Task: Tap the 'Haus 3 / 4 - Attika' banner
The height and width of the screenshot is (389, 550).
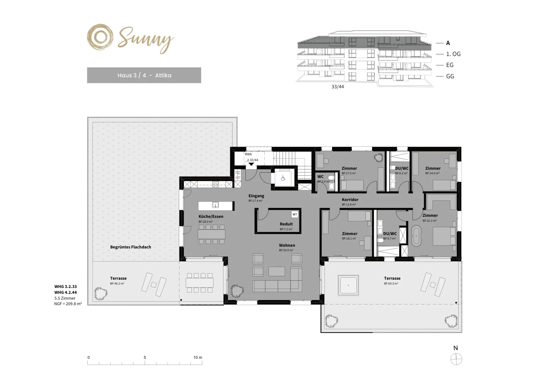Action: [x=144, y=75]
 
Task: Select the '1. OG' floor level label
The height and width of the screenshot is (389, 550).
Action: [x=453, y=54]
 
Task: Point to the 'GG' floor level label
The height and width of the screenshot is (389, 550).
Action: [x=450, y=76]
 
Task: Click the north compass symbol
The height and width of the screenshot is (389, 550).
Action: [x=456, y=359]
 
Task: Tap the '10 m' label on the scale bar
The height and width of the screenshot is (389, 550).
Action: [x=198, y=357]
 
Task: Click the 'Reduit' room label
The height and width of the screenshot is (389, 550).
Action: [x=286, y=224]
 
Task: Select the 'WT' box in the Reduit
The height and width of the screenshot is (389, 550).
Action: [x=295, y=214]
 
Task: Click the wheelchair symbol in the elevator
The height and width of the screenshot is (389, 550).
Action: [x=283, y=178]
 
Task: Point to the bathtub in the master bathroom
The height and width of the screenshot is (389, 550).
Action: [x=416, y=236]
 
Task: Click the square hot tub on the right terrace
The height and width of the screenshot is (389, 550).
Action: [x=348, y=285]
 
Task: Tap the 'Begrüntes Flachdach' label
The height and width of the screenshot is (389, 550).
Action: [x=131, y=247]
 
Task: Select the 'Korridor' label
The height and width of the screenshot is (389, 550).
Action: [x=350, y=200]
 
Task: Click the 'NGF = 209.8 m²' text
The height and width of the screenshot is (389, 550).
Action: [x=68, y=304]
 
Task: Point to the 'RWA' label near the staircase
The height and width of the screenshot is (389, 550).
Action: [x=248, y=154]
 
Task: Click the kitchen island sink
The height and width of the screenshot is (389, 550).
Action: [x=215, y=205]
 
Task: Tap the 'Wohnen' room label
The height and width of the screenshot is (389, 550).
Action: [x=287, y=245]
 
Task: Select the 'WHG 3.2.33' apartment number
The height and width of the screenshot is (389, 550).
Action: [x=66, y=286]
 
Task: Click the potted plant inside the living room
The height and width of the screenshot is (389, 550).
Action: [x=237, y=291]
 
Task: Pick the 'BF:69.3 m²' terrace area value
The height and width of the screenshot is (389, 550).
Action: [x=391, y=284]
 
